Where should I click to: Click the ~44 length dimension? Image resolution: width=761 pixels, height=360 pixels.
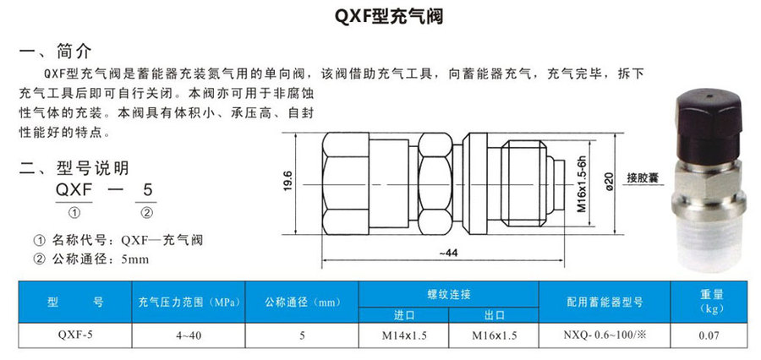point(449,252)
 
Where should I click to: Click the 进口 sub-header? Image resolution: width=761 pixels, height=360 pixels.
point(404,315)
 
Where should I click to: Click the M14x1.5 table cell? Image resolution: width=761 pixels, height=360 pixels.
point(404,335)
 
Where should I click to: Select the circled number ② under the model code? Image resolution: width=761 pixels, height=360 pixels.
point(145,211)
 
